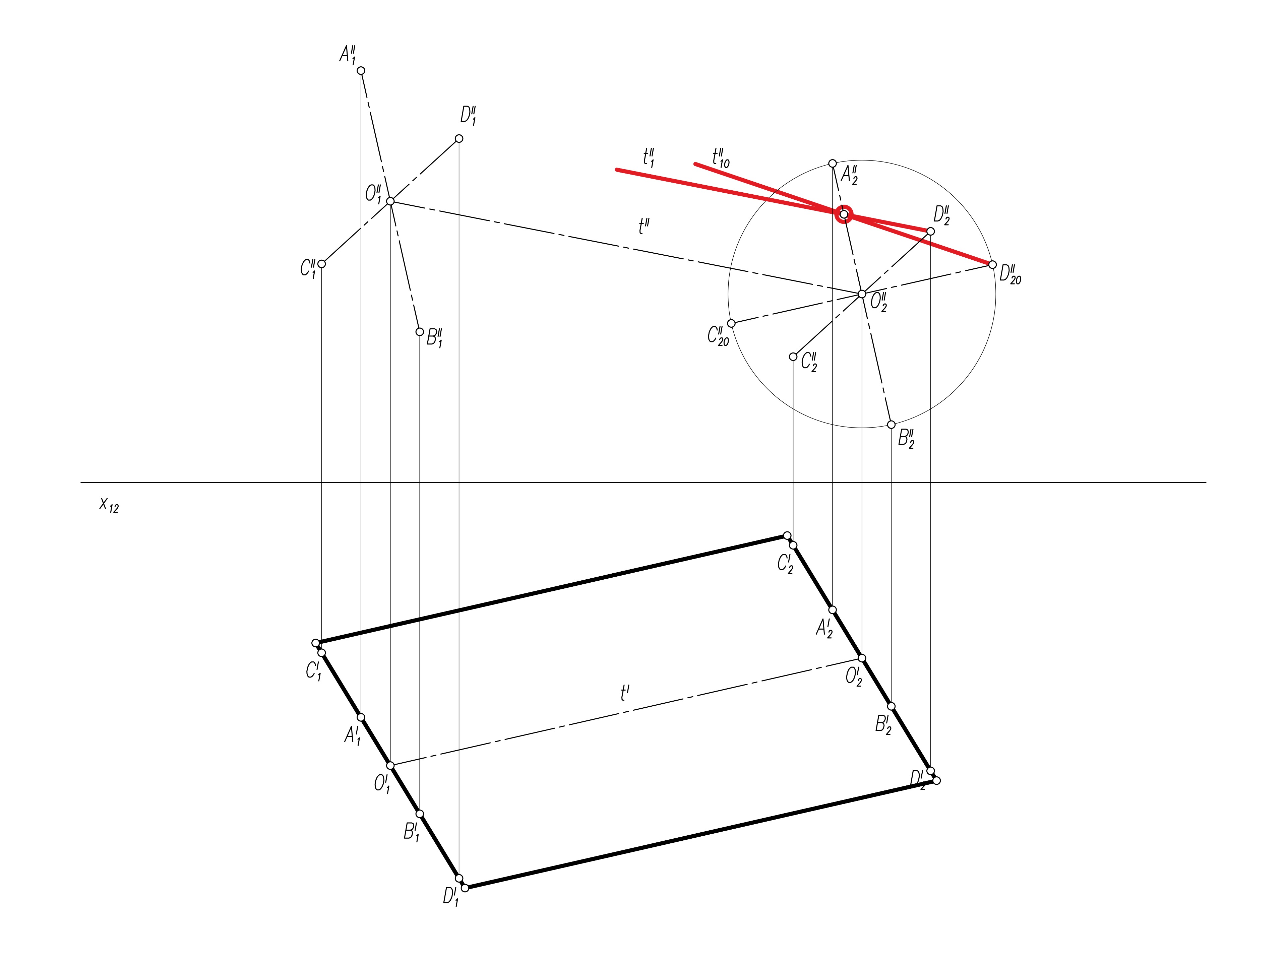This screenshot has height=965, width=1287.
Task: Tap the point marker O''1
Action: coord(390,201)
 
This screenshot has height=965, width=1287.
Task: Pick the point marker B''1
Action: coord(420,332)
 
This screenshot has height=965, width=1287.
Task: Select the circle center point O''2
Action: coord(862,294)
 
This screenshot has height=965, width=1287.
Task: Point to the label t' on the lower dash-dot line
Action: coord(625,693)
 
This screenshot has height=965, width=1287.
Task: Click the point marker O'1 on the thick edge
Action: coord(390,766)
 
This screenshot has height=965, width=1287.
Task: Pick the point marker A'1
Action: coord(361,717)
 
